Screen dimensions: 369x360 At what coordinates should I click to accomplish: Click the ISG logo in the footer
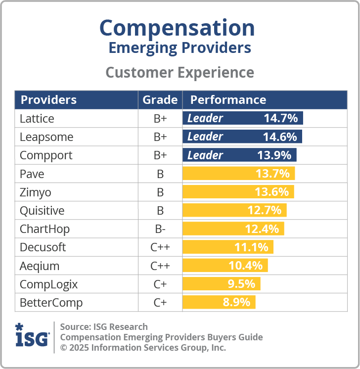[32, 336]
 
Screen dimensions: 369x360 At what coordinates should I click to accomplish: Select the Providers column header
[48, 100]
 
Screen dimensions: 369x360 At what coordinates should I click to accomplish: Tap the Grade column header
[160, 100]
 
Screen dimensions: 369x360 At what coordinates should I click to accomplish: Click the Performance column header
[228, 100]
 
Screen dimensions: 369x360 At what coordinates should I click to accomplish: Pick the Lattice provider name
[37, 119]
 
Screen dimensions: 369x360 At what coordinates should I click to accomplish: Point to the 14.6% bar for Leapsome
[242, 137]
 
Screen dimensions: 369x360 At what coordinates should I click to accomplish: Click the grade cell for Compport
[160, 155]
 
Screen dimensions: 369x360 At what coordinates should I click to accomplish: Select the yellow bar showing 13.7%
[239, 174]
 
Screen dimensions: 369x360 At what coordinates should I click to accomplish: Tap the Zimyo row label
[35, 192]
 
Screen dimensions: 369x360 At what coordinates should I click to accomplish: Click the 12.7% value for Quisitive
[264, 211]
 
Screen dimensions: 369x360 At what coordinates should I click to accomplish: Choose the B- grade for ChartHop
[160, 229]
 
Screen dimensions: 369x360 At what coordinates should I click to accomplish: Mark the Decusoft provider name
[43, 247]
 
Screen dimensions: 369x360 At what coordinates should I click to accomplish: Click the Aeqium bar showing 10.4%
[225, 266]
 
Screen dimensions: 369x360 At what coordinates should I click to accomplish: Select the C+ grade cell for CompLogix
[160, 284]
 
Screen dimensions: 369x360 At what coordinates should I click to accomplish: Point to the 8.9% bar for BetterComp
[219, 302]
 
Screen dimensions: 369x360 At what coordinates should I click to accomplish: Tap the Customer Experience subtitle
[180, 72]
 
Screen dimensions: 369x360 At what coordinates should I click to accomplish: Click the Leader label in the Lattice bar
[205, 119]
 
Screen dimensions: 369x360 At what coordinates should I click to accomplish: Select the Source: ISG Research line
[104, 326]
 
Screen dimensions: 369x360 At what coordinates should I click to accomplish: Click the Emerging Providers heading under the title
[180, 48]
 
